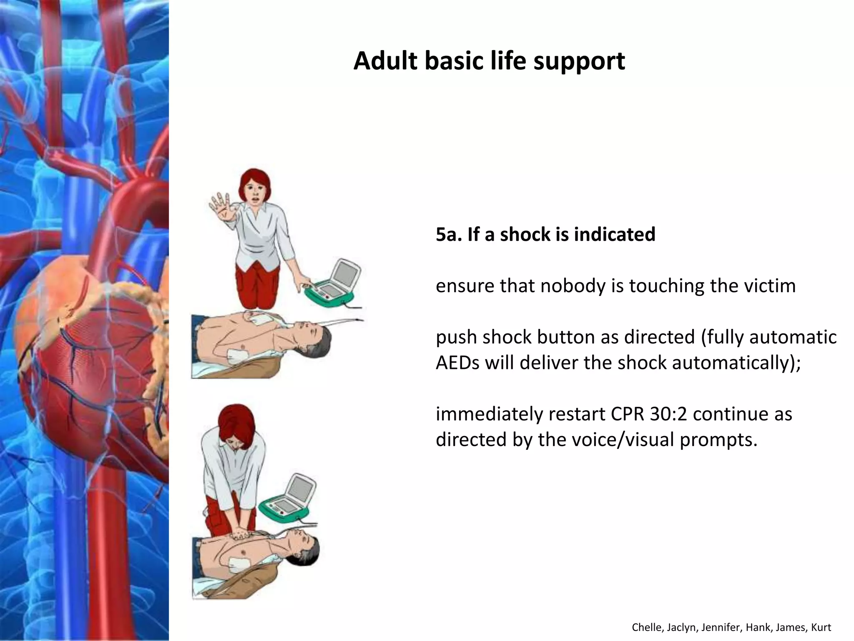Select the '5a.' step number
(x=449, y=234)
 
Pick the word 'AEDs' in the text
(x=457, y=363)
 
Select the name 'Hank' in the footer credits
(x=755, y=627)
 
